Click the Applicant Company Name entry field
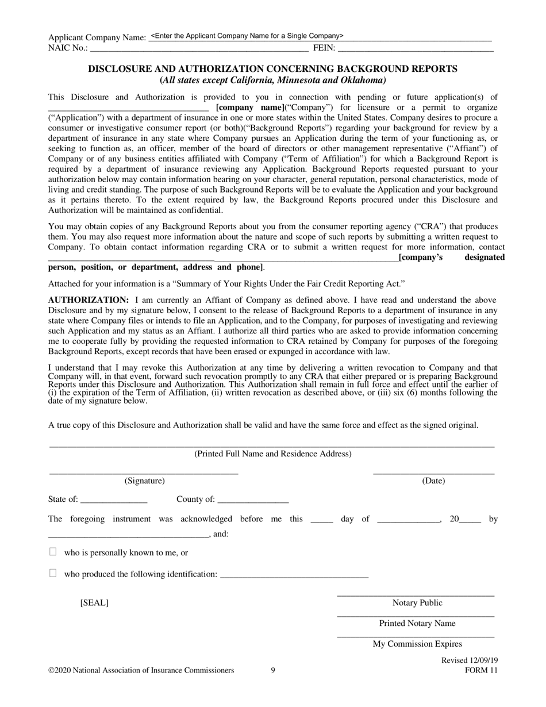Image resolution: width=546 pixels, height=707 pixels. click(x=320, y=36)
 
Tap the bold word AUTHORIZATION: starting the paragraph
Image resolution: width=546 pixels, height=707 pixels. click(x=89, y=300)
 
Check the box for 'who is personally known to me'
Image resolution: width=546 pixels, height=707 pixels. click(x=53, y=552)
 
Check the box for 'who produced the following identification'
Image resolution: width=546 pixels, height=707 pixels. click(x=53, y=573)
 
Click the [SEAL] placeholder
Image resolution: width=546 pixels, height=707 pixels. click(x=94, y=603)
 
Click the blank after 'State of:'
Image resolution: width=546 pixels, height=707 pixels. click(x=114, y=499)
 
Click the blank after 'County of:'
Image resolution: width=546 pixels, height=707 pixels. click(x=253, y=499)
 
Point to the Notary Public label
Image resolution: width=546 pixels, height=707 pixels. click(x=417, y=603)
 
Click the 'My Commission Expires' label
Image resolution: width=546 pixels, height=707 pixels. click(x=417, y=644)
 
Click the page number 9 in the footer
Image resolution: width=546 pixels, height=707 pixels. click(x=273, y=670)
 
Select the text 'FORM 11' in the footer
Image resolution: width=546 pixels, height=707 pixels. click(x=481, y=670)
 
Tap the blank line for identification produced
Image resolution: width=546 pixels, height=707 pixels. click(x=294, y=574)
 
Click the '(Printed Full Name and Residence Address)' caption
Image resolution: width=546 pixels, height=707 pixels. click(x=272, y=454)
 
